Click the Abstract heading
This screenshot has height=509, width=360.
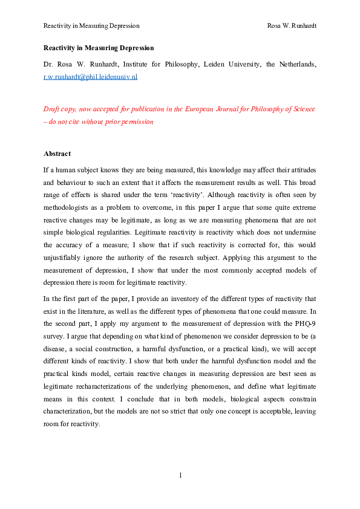[57, 154]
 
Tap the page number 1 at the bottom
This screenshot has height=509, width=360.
[180, 475]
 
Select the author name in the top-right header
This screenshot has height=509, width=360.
[292, 26]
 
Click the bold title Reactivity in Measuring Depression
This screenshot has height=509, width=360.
[99, 48]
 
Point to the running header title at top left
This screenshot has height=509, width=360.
[91, 26]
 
